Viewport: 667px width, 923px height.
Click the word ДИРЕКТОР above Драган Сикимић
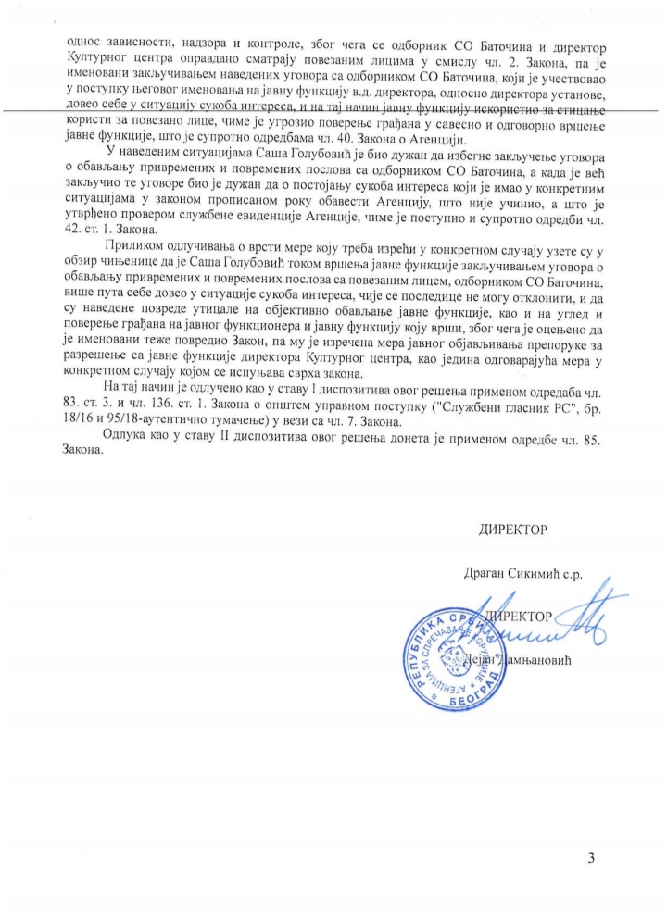pos(512,530)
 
